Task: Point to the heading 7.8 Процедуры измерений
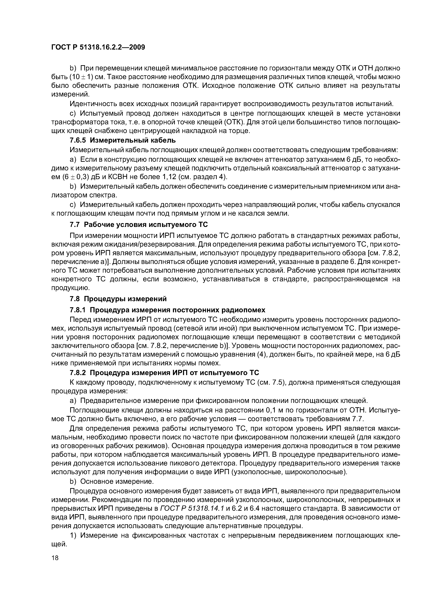[118, 299]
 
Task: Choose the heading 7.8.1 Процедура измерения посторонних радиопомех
[167, 310]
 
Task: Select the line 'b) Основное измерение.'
[112, 481]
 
